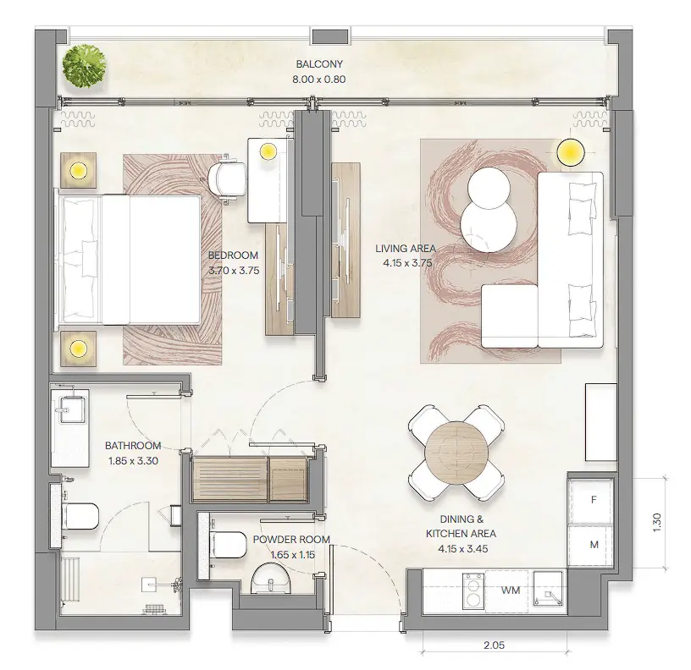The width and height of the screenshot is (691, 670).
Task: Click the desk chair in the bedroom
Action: click(228, 179)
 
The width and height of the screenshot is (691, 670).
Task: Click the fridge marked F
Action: click(594, 500)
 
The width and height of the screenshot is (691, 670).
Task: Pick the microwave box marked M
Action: click(594, 544)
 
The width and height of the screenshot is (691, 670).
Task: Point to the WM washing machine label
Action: click(510, 590)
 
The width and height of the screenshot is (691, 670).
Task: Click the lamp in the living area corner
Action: click(571, 152)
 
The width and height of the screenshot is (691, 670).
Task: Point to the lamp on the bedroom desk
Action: click(268, 152)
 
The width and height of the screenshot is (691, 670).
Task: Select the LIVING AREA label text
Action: click(406, 249)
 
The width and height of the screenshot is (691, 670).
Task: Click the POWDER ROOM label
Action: click(290, 540)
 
